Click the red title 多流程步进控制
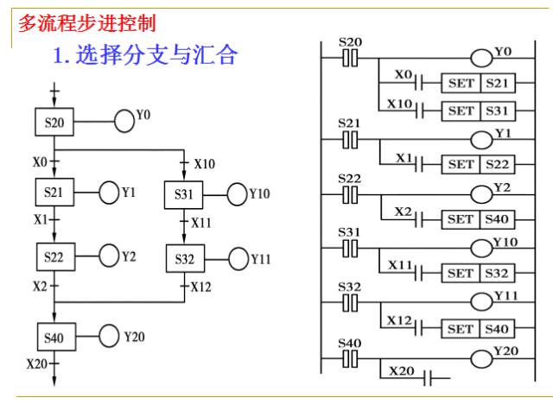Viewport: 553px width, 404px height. [x=86, y=23]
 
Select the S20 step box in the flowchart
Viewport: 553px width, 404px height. [x=54, y=122]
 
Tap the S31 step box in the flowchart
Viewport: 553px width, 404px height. [x=184, y=195]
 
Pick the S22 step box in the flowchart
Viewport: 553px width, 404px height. [x=55, y=256]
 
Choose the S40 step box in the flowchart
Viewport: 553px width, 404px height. [x=56, y=337]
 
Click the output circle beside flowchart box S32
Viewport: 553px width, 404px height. [x=238, y=259]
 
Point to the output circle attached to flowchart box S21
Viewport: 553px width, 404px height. [x=109, y=193]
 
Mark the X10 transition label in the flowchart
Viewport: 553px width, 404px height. [x=205, y=164]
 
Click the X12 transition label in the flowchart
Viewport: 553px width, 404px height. [x=201, y=287]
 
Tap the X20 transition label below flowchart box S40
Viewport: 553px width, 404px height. [x=36, y=363]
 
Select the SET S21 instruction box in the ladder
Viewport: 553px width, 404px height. [x=478, y=83]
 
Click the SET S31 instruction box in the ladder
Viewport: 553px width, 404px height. [x=478, y=111]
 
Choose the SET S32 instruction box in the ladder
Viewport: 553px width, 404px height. [x=478, y=273]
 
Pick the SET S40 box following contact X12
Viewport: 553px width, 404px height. [x=478, y=329]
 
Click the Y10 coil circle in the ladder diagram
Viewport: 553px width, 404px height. [x=481, y=248]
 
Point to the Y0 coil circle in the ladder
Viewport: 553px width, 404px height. [x=481, y=58]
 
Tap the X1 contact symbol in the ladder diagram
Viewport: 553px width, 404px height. [x=419, y=164]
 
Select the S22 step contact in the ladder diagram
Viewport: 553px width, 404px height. [x=350, y=195]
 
